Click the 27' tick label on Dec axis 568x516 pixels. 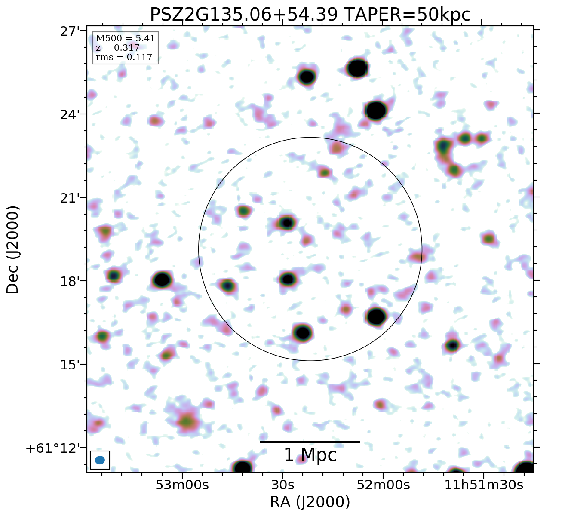[70, 31]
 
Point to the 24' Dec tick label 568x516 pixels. [70, 115]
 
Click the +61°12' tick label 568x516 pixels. [53, 448]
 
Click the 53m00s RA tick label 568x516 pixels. [182, 485]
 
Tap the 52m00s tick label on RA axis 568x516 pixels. [383, 485]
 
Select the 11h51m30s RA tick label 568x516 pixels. [484, 485]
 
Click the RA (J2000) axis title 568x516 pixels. [310, 502]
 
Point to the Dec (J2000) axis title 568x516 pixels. [13, 250]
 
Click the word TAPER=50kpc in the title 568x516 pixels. [407, 15]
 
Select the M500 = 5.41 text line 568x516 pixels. [125, 39]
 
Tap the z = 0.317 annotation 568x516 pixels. [117, 48]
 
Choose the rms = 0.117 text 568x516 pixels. [124, 57]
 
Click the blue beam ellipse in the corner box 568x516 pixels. [100, 460]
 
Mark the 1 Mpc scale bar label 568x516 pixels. [310, 455]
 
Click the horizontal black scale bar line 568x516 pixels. [310, 442]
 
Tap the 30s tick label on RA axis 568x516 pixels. [282, 485]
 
